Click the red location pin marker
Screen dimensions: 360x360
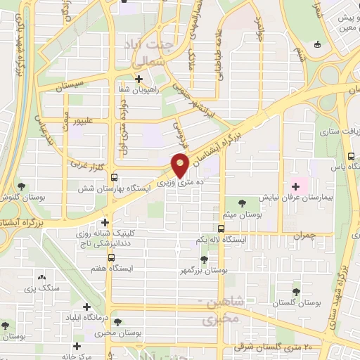tap(180, 165)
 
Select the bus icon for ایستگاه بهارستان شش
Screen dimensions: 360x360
tap(115, 178)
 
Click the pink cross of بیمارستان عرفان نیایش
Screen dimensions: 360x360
tap(295, 187)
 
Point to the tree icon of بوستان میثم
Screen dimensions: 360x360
tap(242, 203)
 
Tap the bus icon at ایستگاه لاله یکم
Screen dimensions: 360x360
tap(221, 229)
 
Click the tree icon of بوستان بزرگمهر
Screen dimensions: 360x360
tap(204, 259)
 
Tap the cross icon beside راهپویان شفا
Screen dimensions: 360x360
tap(139, 79)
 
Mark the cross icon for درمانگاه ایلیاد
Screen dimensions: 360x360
tap(86, 307)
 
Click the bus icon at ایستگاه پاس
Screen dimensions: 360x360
tap(350, 157)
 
